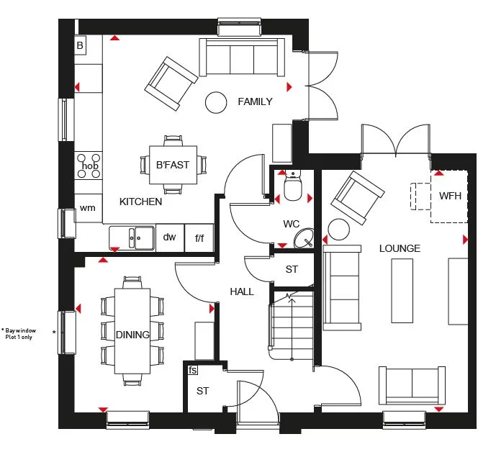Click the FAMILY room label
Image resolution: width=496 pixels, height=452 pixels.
tap(255, 101)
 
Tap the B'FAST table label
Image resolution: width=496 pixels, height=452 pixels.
tap(173, 165)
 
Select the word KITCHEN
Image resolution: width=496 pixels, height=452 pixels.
tap(140, 202)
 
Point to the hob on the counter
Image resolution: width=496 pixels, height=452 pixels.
tap(89, 166)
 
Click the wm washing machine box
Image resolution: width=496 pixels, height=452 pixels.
tap(88, 209)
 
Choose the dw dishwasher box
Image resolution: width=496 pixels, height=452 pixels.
tap(169, 237)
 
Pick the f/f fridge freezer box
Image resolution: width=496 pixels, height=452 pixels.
tap(199, 238)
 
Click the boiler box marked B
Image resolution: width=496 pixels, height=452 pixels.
tap(80, 45)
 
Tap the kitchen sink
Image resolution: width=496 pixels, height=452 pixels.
tap(132, 237)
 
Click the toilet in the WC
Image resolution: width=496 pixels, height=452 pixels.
tap(292, 188)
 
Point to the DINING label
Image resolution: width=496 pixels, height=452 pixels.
tap(132, 335)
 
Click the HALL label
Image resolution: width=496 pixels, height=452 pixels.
tap(242, 291)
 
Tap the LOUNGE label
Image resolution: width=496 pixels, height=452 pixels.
tap(400, 248)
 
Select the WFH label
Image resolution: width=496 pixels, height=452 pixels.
tap(450, 196)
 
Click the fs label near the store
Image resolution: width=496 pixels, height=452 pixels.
tap(192, 370)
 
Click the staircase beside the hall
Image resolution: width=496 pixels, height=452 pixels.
tap(292, 324)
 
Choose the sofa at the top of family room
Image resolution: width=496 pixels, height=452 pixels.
tap(240, 55)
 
